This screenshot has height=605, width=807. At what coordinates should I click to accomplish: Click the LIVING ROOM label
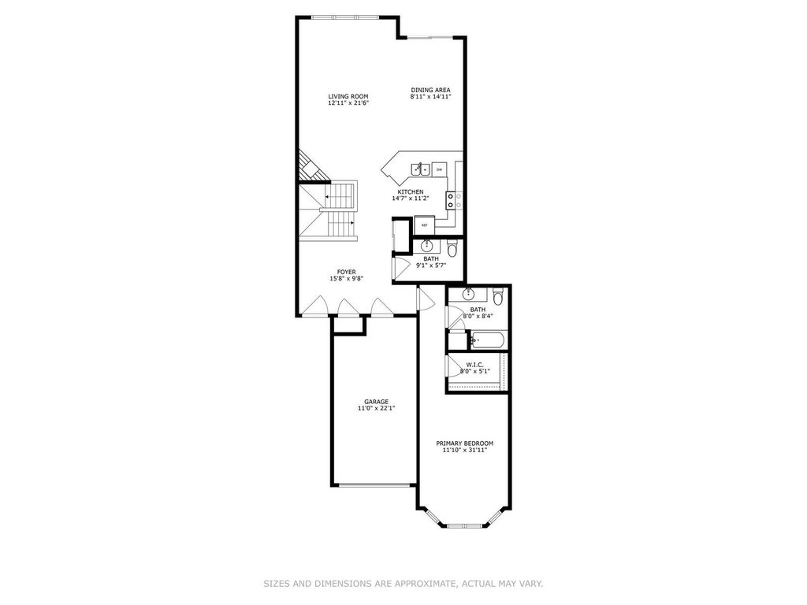pyautogui.click(x=348, y=96)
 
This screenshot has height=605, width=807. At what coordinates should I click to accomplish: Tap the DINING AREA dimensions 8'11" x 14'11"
pyautogui.click(x=431, y=96)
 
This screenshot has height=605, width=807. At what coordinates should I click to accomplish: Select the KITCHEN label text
pyautogui.click(x=410, y=192)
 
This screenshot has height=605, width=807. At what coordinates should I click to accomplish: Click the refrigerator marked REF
pyautogui.click(x=425, y=225)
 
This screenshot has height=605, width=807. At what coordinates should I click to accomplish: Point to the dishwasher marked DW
pyautogui.click(x=439, y=169)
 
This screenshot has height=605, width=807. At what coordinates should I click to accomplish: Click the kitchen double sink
pyautogui.click(x=421, y=169)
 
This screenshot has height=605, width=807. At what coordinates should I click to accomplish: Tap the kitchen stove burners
pyautogui.click(x=454, y=200)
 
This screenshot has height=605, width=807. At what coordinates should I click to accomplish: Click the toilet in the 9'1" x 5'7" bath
pyautogui.click(x=452, y=248)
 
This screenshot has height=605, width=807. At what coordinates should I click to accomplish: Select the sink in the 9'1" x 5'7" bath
pyautogui.click(x=426, y=246)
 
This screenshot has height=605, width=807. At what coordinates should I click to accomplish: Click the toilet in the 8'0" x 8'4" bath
pyautogui.click(x=498, y=297)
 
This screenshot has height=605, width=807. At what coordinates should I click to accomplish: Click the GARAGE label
pyautogui.click(x=376, y=402)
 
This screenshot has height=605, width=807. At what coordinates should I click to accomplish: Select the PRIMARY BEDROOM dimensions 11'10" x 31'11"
pyautogui.click(x=465, y=450)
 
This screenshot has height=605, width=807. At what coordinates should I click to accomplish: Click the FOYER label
pyautogui.click(x=347, y=272)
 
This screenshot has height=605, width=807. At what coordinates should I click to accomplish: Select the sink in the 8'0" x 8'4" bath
pyautogui.click(x=469, y=295)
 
